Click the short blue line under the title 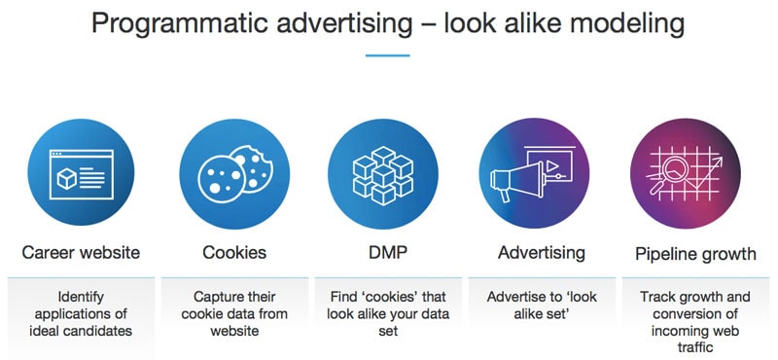388,55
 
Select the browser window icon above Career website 81,176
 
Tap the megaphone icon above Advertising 531,176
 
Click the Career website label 81,253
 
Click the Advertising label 542,253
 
